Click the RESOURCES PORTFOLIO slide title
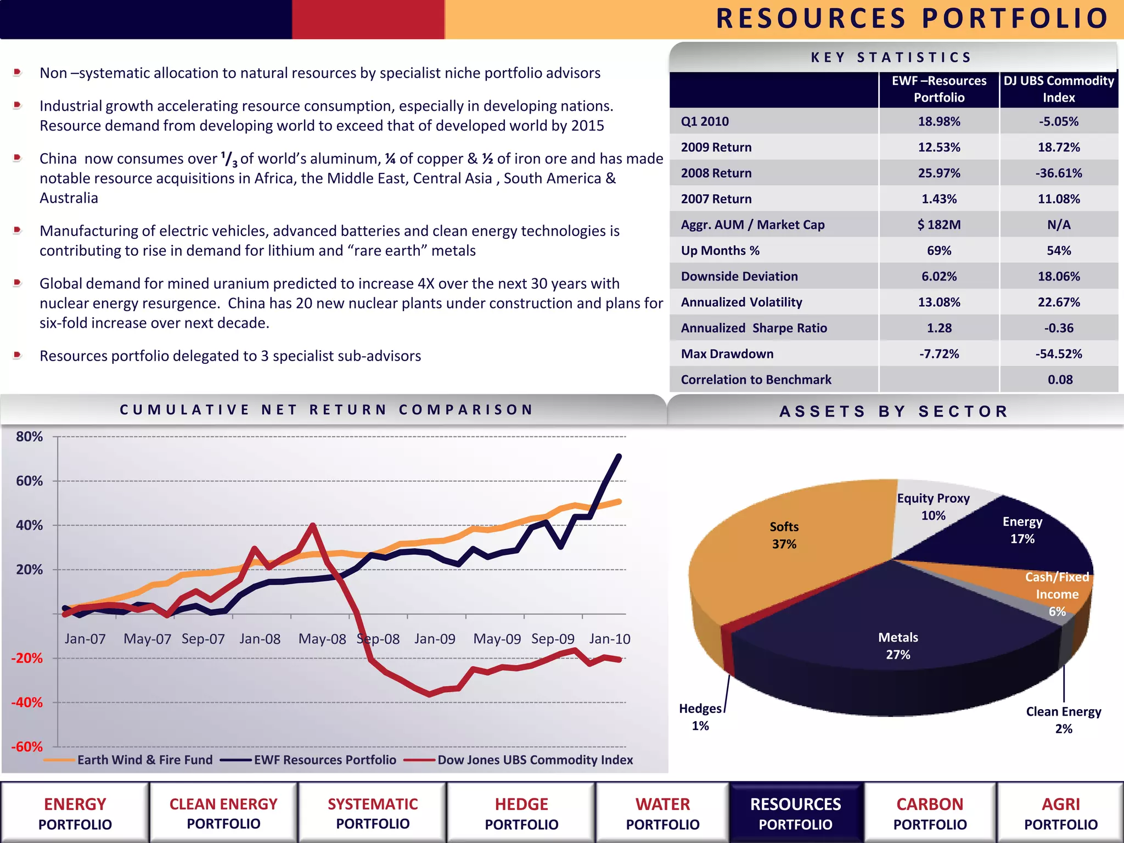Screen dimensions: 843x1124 point(912,19)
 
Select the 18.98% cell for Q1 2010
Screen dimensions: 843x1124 point(939,121)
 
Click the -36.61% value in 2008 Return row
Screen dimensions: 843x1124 point(1058,173)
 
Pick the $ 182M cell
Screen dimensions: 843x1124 point(939,224)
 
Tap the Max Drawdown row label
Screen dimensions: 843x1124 point(727,354)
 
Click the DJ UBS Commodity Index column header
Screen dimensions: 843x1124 point(1059,89)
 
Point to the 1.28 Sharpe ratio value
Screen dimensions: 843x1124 point(939,328)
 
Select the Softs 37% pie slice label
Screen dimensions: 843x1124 point(784,535)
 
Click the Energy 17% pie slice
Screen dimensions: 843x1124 point(1022,530)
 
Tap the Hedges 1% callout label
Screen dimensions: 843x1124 point(700,717)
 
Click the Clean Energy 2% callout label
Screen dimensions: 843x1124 point(1063,720)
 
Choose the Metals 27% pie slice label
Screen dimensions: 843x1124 point(898,646)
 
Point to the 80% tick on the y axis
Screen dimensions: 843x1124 point(29,437)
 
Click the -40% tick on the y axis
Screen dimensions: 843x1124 point(27,702)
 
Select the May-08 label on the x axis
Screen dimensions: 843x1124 point(322,639)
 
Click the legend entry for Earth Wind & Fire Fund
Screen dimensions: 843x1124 point(144,760)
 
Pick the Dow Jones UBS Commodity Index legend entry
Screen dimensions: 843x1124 point(535,760)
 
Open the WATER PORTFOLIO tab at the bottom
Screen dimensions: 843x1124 point(662,814)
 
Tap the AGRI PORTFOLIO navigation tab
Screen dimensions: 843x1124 point(1060,814)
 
